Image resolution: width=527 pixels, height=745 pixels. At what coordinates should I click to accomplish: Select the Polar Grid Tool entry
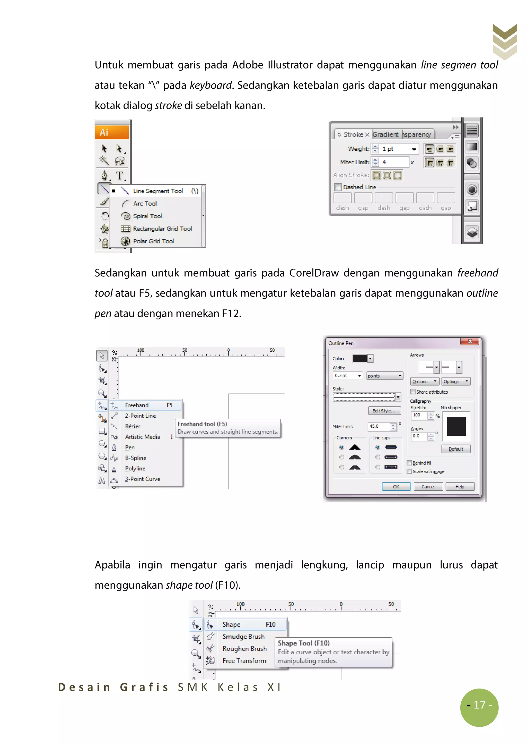pyautogui.click(x=153, y=241)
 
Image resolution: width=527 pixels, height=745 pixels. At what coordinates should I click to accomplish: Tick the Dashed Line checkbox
pyautogui.click(x=338, y=187)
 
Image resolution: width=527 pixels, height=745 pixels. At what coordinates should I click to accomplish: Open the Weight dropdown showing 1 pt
pyautogui.click(x=414, y=149)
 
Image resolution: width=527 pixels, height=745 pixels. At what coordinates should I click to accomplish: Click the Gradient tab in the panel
pyautogui.click(x=385, y=134)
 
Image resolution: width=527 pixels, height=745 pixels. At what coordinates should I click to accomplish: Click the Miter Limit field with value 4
pyautogui.click(x=394, y=162)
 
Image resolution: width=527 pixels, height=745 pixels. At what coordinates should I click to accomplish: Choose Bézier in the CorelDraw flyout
pyautogui.click(x=133, y=426)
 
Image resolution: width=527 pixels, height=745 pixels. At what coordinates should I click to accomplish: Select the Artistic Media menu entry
pyautogui.click(x=143, y=437)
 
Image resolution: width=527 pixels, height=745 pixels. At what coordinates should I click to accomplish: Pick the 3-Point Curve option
pyautogui.click(x=143, y=479)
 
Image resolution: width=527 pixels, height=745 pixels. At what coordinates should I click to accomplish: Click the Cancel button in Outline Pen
pyautogui.click(x=428, y=487)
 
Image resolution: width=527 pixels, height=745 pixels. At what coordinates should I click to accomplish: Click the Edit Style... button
pyautogui.click(x=384, y=411)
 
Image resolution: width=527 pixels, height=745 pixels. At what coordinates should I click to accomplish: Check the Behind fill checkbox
pyautogui.click(x=409, y=463)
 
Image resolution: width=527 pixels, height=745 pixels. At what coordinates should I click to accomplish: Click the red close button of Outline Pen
pyautogui.click(x=470, y=341)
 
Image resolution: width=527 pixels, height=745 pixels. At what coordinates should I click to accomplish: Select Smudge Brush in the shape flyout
pyautogui.click(x=243, y=637)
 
